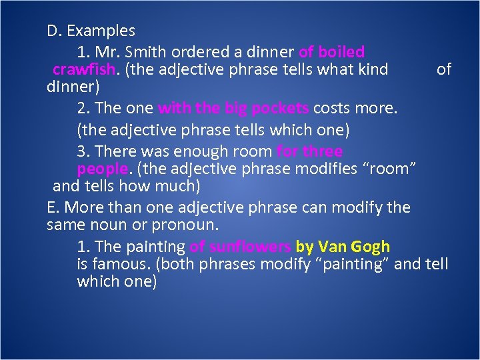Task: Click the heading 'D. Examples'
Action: [x=91, y=31]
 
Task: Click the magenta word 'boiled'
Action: [x=341, y=52]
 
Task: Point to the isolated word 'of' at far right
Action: [x=443, y=69]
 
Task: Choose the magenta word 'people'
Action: [x=101, y=169]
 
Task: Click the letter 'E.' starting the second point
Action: [x=53, y=207]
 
